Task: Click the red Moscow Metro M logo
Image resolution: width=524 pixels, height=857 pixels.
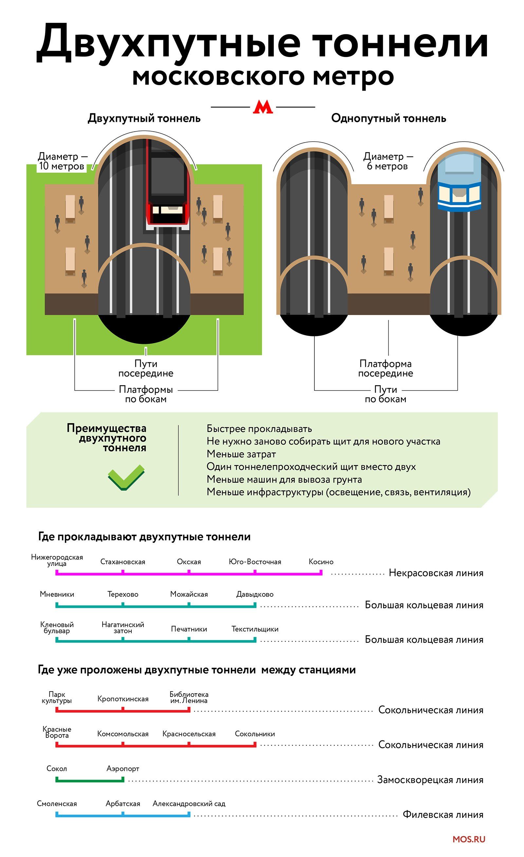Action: coord(263,107)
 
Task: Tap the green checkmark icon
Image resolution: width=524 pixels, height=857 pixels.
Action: coord(126,477)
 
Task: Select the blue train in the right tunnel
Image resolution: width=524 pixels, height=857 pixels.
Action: coord(459,181)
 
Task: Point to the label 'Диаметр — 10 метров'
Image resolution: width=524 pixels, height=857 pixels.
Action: coord(62,161)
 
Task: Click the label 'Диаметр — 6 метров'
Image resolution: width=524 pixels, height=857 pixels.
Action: coord(388,161)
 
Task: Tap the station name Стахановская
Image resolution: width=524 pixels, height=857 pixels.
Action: coord(122,562)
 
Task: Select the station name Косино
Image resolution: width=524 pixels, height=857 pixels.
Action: coord(321,562)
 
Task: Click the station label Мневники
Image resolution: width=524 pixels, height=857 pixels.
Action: coord(57,594)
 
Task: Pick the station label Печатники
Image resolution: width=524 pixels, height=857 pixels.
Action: coord(189,629)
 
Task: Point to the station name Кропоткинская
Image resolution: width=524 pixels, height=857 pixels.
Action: coord(123,699)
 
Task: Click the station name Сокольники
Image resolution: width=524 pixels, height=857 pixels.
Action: coord(255,734)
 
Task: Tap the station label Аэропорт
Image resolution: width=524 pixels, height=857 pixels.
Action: coord(123,769)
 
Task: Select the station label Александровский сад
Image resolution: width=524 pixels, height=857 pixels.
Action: coord(189,803)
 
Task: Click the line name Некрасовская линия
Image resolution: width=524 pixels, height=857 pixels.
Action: coord(436,573)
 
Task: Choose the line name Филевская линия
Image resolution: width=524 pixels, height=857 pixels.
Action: coord(443,814)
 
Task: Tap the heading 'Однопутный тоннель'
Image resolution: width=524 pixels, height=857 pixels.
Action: coord(388,118)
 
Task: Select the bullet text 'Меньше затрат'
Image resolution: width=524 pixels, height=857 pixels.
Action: coord(241,454)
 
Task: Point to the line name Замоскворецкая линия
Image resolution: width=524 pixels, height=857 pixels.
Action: coord(430,780)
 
